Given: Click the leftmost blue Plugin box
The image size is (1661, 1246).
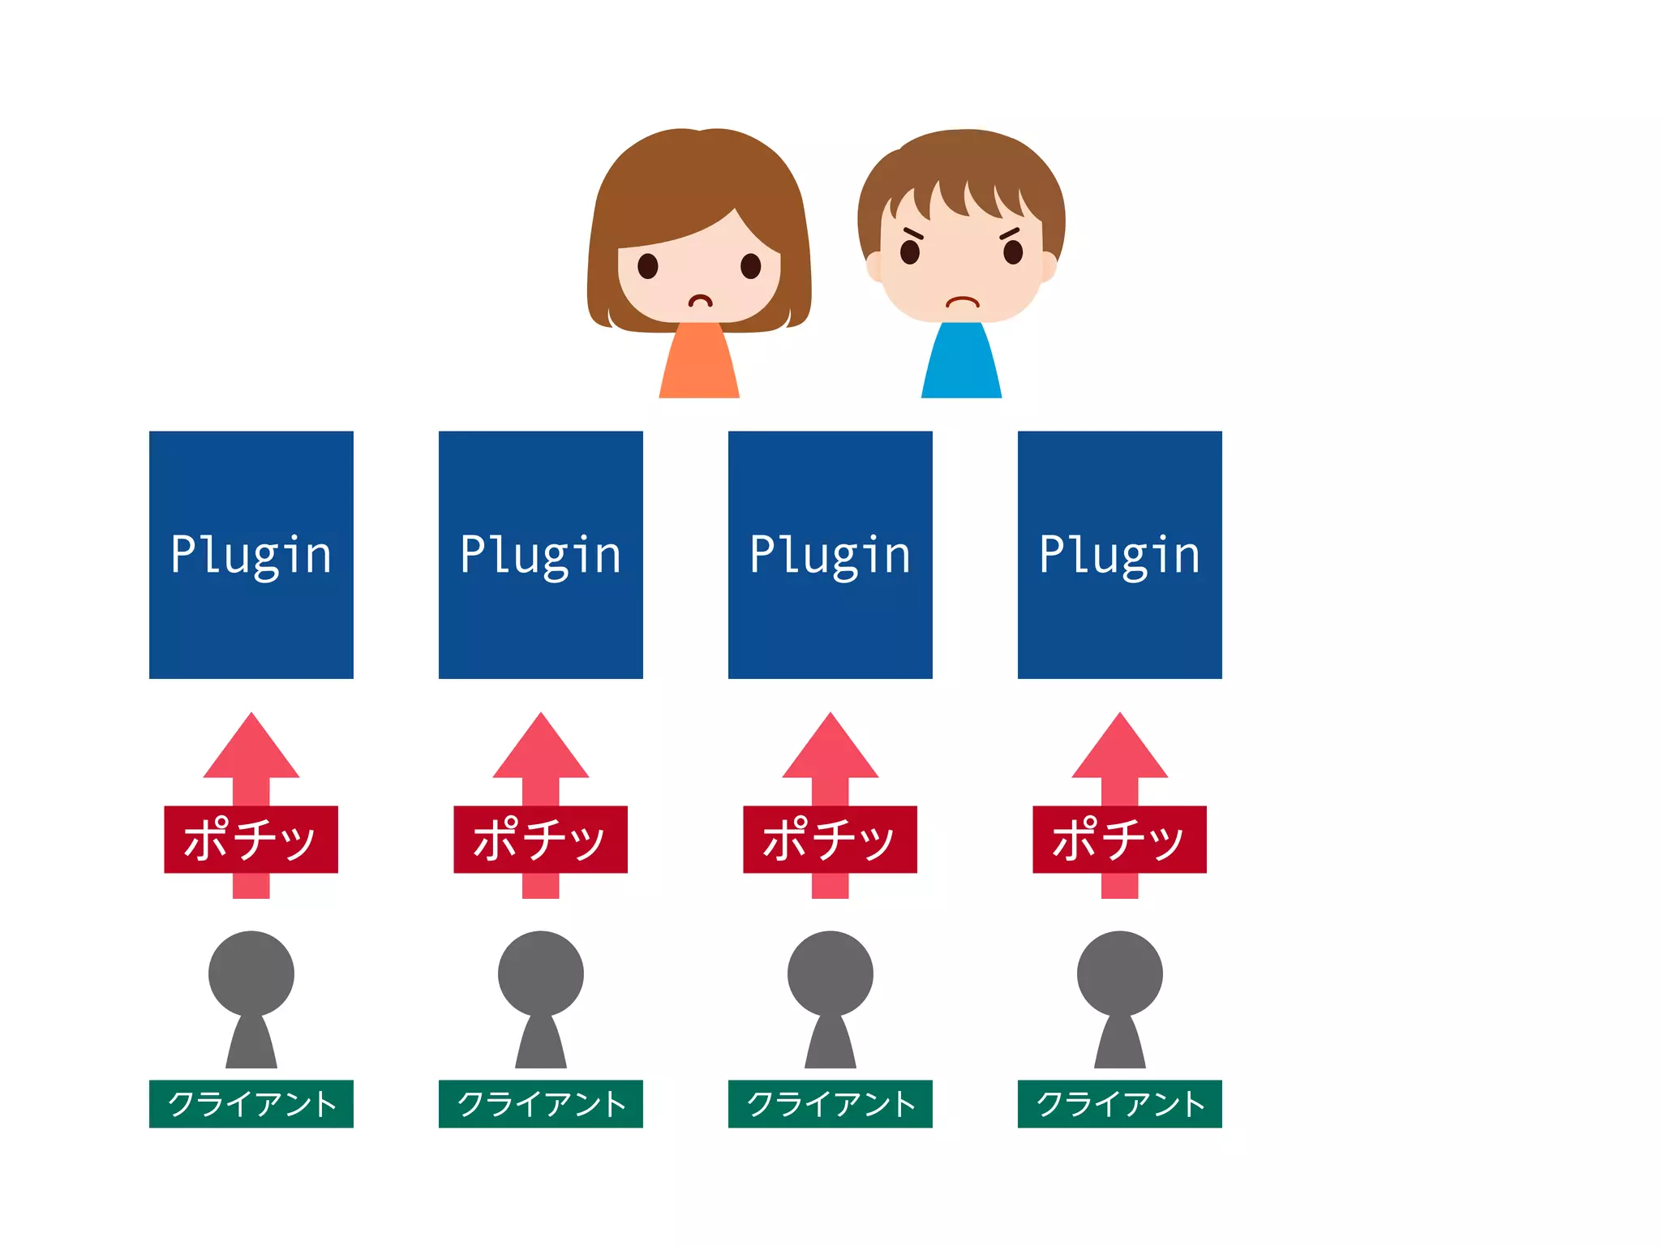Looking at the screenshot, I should (x=251, y=555).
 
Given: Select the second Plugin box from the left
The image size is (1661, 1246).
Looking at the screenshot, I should (x=541, y=555).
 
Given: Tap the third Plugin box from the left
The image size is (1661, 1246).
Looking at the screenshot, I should (x=830, y=555).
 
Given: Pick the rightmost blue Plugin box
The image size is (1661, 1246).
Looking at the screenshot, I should (x=1120, y=555).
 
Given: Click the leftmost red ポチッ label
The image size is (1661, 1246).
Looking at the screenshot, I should (x=251, y=840).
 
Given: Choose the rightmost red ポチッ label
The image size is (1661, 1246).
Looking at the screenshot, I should (x=1120, y=840).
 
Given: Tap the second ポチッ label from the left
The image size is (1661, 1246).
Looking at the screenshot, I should (x=541, y=840).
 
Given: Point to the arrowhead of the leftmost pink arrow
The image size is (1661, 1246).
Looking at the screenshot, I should (x=251, y=750).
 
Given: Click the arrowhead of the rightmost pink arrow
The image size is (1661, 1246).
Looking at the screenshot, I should (x=1120, y=750).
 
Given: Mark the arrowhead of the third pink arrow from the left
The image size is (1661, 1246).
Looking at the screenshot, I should (x=830, y=750).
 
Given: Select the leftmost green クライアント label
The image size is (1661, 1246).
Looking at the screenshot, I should (x=251, y=1104).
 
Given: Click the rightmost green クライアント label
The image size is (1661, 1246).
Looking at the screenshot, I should (x=1120, y=1104).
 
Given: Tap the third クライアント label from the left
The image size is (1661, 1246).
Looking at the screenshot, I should (x=830, y=1104).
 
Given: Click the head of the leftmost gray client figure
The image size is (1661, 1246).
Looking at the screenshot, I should (x=251, y=973).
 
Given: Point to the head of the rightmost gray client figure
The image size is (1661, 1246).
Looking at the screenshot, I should (x=1120, y=973).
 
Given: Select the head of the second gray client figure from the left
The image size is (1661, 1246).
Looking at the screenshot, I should (x=541, y=973).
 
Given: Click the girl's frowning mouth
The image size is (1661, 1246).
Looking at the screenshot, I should (x=701, y=301).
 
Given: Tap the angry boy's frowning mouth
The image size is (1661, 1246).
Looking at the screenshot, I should (x=963, y=302).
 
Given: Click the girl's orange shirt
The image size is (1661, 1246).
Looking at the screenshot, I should (x=699, y=363).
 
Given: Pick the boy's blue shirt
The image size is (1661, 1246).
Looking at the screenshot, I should (x=962, y=363).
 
